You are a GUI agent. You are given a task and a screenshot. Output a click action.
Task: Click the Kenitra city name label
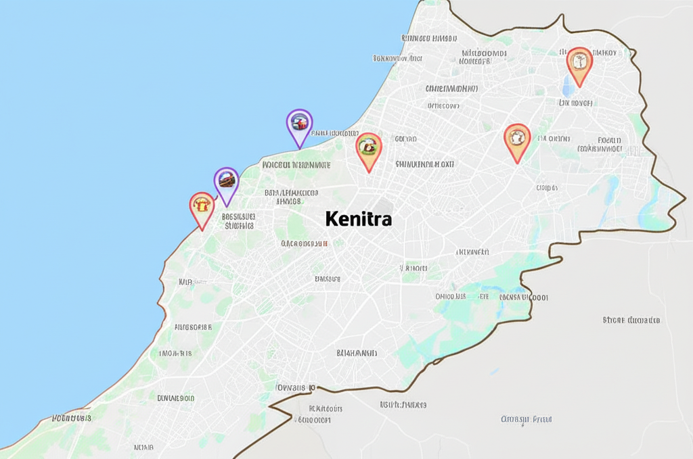(x=358, y=219)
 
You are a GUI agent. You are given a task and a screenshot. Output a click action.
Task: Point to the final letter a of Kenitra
(x=386, y=220)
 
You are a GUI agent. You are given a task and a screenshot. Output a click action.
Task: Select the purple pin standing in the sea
(x=299, y=126)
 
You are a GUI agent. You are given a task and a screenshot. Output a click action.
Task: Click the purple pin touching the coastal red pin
(x=227, y=184)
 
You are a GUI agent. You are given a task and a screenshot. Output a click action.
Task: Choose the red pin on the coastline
(x=202, y=208)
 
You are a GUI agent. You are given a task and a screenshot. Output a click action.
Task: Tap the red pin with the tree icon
(x=579, y=64)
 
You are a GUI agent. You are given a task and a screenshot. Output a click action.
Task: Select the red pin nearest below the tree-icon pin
(x=517, y=141)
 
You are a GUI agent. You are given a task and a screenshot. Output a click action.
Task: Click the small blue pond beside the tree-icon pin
(x=566, y=84)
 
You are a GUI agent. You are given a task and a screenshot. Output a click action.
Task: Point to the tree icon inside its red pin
(x=579, y=62)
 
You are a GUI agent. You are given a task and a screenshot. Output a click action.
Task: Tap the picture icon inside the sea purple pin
(x=299, y=122)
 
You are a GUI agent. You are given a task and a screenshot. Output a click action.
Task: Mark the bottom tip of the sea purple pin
(x=299, y=147)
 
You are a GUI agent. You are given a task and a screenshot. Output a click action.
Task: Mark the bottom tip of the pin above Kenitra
(x=369, y=171)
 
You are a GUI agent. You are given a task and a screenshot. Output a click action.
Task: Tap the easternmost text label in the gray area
(x=631, y=320)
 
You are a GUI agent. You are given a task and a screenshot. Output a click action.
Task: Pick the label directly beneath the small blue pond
(x=576, y=103)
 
